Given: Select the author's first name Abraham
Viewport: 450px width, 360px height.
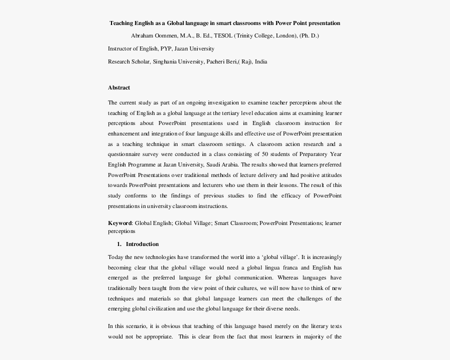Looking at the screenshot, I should click(141, 36).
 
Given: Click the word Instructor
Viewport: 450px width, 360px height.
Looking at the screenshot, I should click(120, 49).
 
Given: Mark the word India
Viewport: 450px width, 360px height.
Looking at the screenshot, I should click(261, 61).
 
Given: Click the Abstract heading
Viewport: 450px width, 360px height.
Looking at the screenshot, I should click(119, 88).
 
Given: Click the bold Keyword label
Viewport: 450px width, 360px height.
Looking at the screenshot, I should click(120, 223).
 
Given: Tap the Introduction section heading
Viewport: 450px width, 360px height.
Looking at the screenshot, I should click(142, 244).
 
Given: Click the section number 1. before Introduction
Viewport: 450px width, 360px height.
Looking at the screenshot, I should click(119, 244).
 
